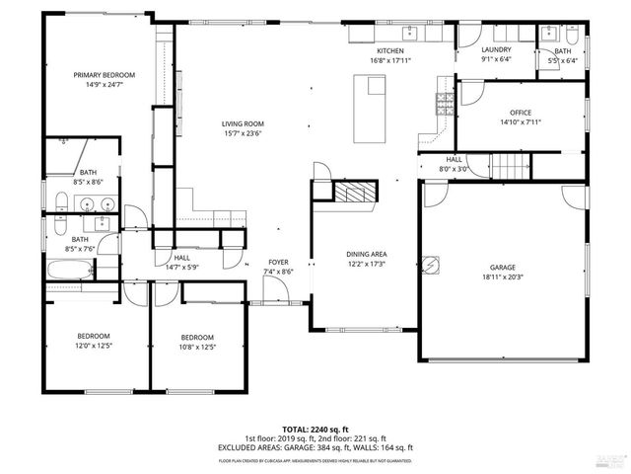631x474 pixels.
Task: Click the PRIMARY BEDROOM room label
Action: [x=104, y=75]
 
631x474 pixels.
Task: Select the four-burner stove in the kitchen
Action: [x=445, y=101]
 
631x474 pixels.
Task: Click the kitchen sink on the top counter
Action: [x=414, y=36]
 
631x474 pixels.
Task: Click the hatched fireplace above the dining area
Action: [x=356, y=192]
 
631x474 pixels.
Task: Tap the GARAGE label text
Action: [x=503, y=268]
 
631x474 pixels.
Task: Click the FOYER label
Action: [x=279, y=262]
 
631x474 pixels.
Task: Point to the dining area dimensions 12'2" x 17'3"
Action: [x=365, y=264]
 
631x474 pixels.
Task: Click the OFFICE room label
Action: [x=521, y=113]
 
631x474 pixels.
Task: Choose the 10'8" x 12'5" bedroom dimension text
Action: [x=196, y=347]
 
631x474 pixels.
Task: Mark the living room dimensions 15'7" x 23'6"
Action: [x=242, y=134]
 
